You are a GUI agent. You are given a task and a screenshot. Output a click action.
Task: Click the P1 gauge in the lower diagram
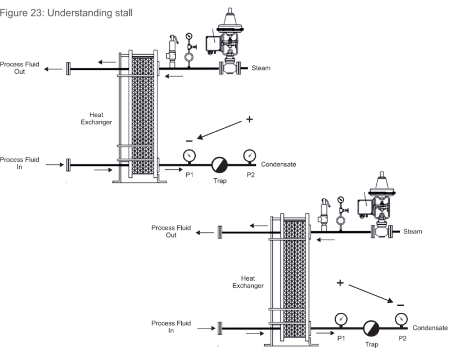(340, 319)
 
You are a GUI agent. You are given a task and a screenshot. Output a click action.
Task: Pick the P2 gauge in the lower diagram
(400, 319)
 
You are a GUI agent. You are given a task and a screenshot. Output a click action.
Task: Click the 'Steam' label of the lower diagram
(413, 231)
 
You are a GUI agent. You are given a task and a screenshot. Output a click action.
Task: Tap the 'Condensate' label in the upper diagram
(278, 164)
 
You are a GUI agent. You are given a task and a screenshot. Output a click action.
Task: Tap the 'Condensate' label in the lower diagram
(430, 328)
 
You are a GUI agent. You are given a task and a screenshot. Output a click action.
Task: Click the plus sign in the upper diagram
(249, 120)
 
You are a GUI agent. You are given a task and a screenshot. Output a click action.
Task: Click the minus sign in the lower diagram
(400, 305)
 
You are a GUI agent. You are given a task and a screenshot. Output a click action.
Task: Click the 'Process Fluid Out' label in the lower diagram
(171, 231)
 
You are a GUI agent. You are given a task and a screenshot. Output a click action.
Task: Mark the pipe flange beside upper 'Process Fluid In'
(68, 165)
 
